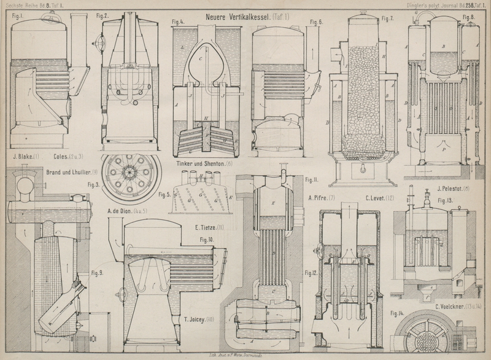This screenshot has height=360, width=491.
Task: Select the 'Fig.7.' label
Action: pos(387,18)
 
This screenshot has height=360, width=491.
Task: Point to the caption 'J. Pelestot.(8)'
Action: pos(452,189)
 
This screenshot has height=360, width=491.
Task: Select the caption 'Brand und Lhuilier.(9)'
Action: pos(72,172)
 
